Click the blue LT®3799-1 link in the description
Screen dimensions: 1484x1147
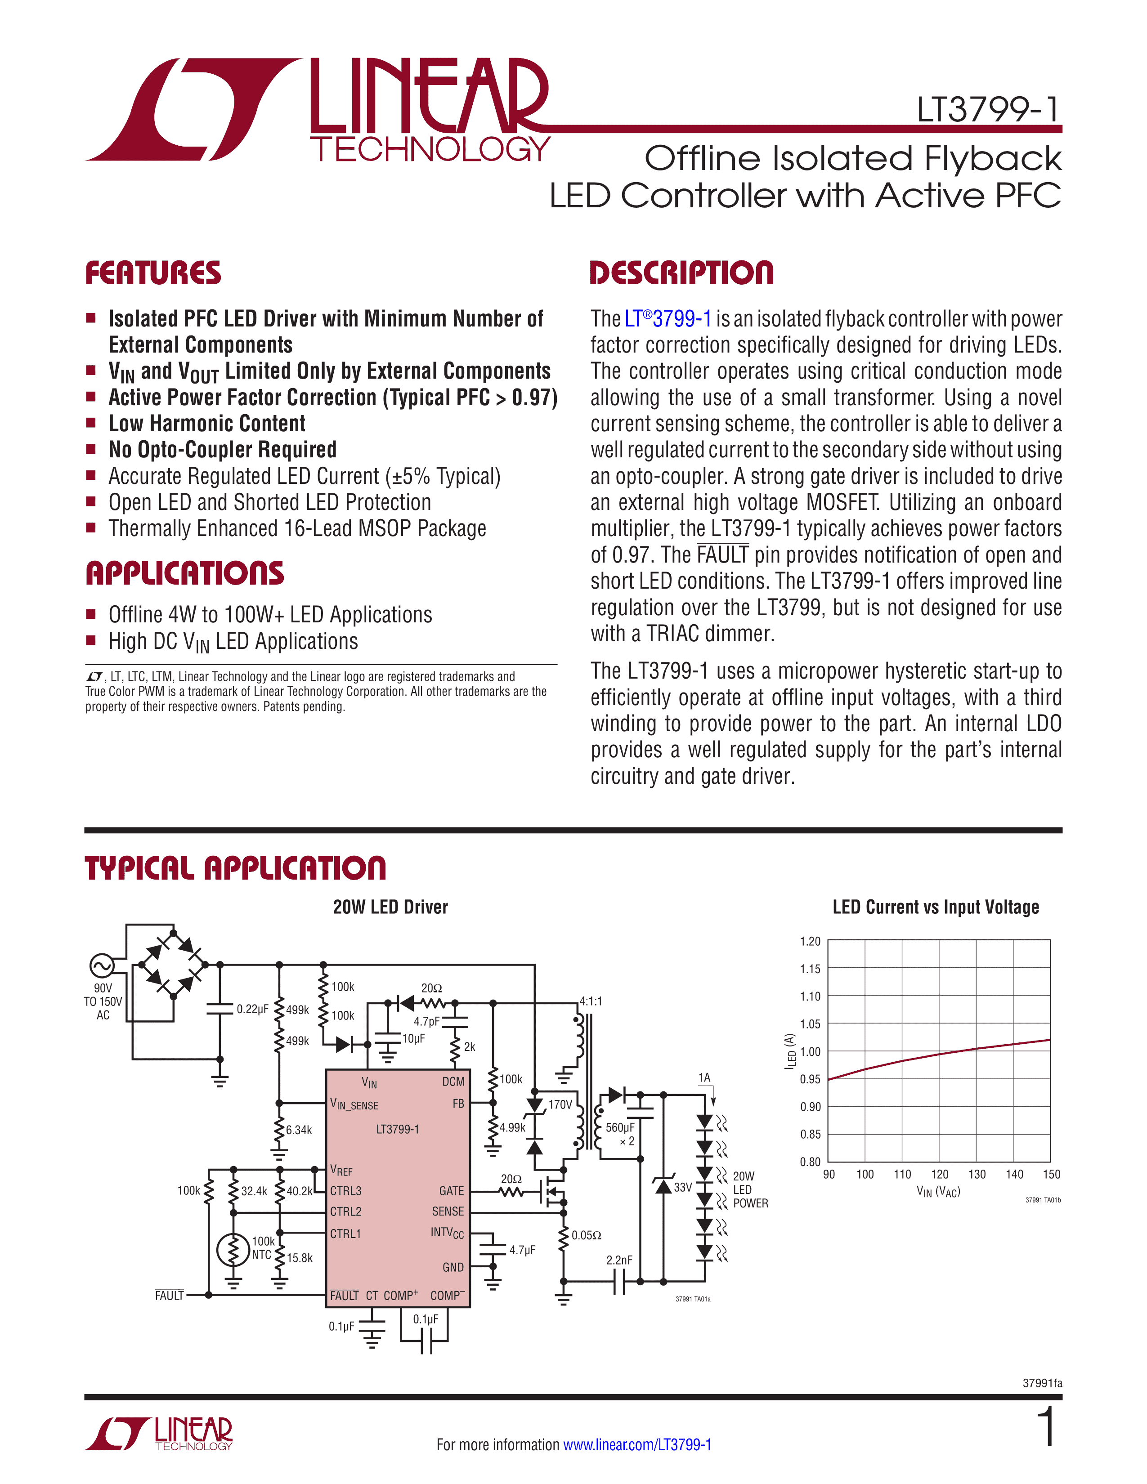point(667,319)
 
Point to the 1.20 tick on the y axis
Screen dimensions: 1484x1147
point(810,941)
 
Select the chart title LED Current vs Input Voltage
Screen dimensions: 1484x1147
point(936,907)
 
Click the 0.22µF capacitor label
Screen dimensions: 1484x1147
point(252,1009)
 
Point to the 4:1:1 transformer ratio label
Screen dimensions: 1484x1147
point(591,1001)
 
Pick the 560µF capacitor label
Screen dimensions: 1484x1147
point(620,1127)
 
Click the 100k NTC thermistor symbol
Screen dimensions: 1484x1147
point(233,1250)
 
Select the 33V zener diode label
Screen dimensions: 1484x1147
point(682,1187)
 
